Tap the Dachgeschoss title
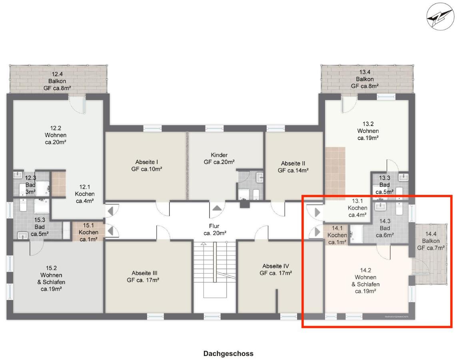[x=228, y=354]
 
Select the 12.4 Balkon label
[x=57, y=81]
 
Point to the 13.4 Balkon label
[x=365, y=79]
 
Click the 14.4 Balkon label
[x=431, y=241]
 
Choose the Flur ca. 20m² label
[x=215, y=230]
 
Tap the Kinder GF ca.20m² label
[x=219, y=158]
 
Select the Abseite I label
[x=147, y=165]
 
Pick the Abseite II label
[x=293, y=167]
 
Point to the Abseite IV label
[x=276, y=269]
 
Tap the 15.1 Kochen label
[x=88, y=232]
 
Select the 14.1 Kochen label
[x=337, y=235]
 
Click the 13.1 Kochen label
[x=357, y=208]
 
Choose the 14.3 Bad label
[x=385, y=228]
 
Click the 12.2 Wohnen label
[x=56, y=135]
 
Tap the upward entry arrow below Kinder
[x=217, y=208]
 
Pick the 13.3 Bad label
[x=384, y=185]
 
